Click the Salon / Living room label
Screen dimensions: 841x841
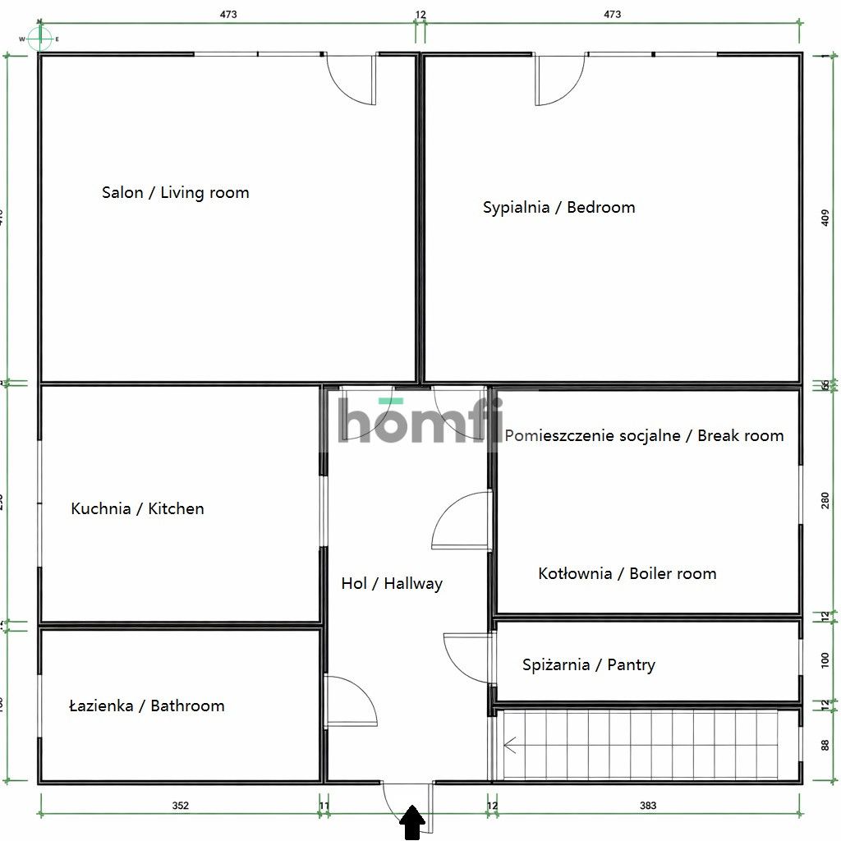175,193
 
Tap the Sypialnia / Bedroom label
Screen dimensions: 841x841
558,208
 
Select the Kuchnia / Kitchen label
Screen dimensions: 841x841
137,509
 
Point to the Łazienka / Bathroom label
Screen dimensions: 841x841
146,705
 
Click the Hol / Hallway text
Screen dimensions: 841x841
392,584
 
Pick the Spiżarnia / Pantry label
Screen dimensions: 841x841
589,665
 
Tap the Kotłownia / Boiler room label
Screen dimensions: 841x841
627,574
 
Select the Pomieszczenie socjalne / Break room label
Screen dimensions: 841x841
644,436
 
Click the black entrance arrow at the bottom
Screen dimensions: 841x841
412,822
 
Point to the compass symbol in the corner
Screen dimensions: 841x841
40,38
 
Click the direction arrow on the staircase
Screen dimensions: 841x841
510,746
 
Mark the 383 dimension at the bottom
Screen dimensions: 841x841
648,806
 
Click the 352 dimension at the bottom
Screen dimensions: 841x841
181,806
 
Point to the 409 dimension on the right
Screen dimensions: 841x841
825,219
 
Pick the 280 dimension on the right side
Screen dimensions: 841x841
825,500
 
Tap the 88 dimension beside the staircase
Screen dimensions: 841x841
825,746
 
